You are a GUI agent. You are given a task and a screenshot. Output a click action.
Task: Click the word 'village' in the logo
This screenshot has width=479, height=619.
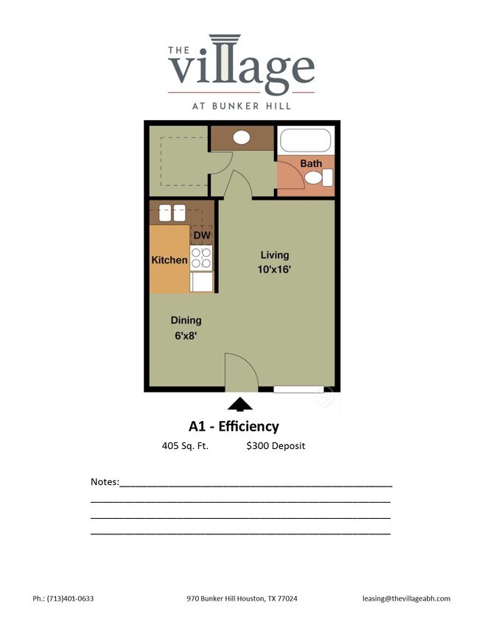[242, 67]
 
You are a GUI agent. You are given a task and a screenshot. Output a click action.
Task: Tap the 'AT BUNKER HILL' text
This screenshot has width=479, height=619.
[242, 105]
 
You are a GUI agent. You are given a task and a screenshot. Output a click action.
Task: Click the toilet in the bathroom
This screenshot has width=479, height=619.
[321, 177]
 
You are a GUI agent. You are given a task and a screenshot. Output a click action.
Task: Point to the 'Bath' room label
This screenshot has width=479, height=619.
[310, 163]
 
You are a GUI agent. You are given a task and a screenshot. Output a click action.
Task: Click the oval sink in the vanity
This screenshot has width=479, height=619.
[241, 137]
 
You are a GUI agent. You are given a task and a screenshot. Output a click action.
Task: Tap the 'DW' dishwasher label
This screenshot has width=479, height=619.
[202, 236]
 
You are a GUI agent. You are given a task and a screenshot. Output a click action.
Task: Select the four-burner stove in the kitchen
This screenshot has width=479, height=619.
[201, 258]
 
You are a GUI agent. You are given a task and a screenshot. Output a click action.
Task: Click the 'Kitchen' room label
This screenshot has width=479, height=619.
[169, 260]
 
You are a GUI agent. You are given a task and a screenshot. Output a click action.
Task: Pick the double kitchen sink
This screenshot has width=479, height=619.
[172, 213]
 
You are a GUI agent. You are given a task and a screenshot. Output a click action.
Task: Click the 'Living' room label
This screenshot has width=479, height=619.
[275, 255]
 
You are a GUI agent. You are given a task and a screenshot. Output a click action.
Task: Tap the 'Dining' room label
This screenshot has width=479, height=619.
[186, 320]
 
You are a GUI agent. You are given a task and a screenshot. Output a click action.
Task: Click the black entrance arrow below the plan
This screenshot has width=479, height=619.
[239, 403]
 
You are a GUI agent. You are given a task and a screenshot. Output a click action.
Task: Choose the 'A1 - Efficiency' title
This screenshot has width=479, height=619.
[234, 426]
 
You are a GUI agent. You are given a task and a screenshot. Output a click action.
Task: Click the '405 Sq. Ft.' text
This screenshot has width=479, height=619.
[185, 446]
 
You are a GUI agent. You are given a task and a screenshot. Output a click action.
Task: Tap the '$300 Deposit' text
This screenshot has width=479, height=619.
[276, 446]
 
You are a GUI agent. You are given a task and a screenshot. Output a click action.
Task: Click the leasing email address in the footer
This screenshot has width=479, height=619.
[406, 598]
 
